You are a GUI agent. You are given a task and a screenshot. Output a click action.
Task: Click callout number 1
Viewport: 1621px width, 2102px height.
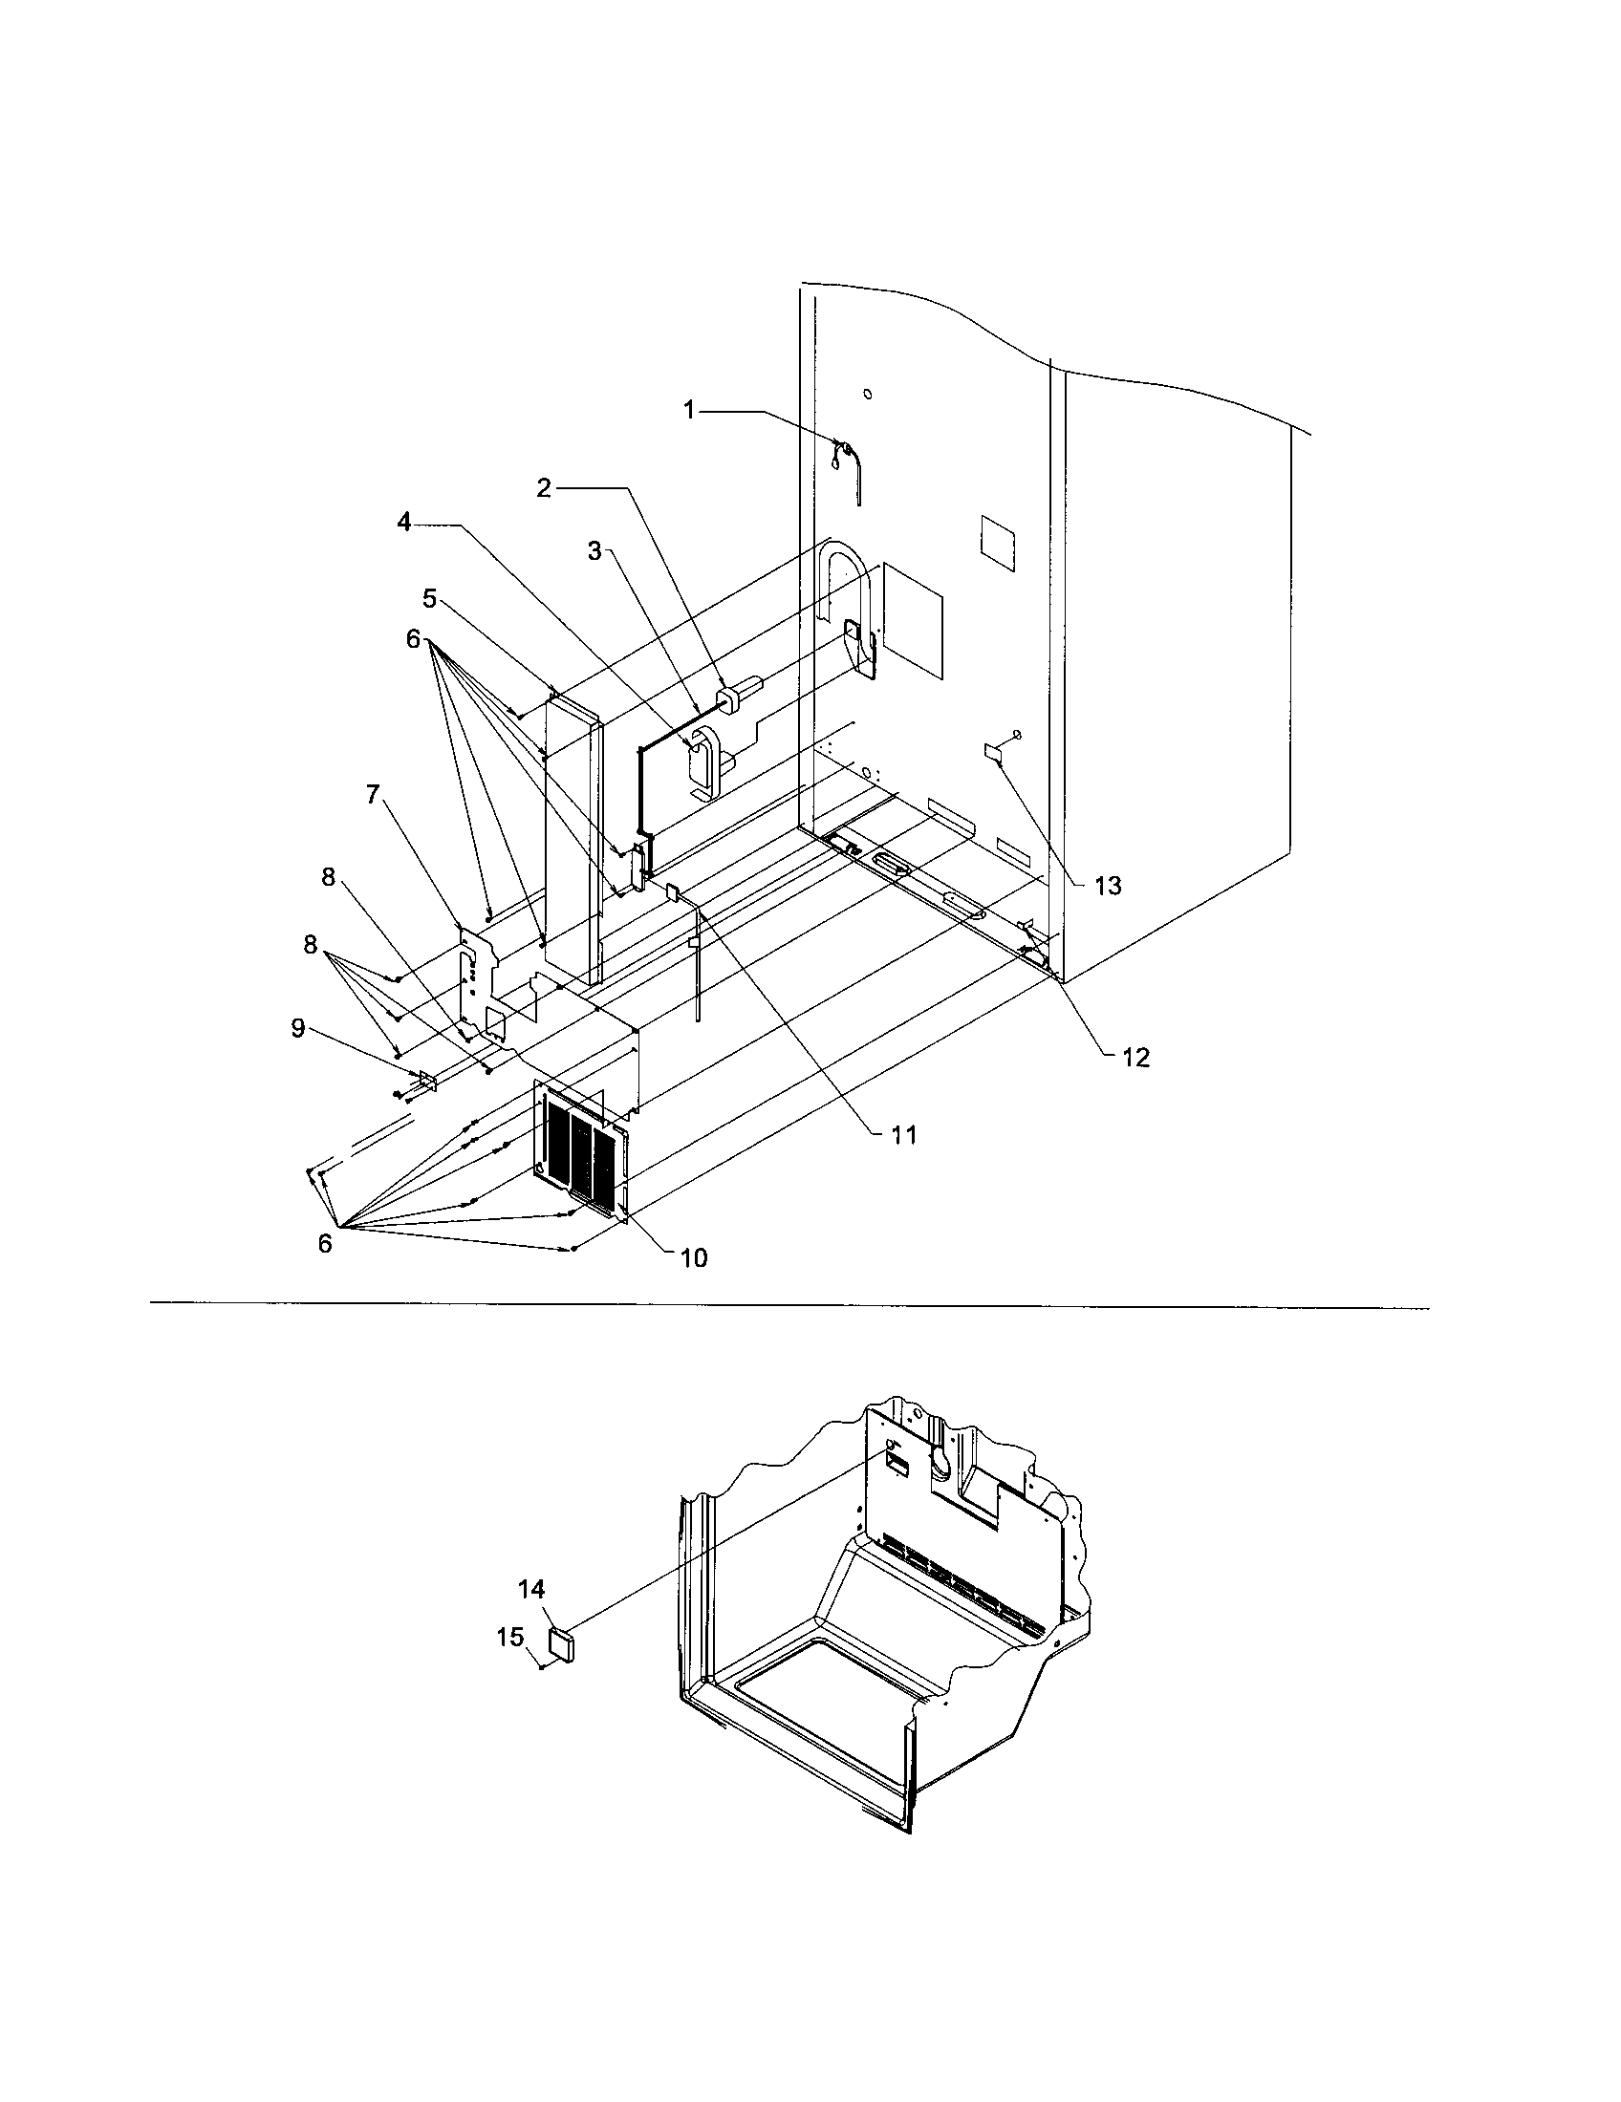click(689, 410)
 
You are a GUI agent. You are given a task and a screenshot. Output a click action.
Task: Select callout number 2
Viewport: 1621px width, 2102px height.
click(544, 488)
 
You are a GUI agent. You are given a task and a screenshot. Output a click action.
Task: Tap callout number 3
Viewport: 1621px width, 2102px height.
click(594, 550)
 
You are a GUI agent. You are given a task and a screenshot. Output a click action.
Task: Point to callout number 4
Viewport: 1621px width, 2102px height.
click(404, 522)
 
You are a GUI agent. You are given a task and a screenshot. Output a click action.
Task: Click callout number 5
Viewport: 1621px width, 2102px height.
click(429, 599)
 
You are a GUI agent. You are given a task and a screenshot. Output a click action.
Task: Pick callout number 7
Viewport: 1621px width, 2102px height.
click(373, 794)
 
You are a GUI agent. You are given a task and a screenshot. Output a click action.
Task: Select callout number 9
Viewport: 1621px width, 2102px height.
click(298, 1029)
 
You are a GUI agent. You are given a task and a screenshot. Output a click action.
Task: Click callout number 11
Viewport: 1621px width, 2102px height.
click(903, 1136)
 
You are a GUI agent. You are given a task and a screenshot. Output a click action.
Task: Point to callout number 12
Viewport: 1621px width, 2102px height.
click(1135, 1058)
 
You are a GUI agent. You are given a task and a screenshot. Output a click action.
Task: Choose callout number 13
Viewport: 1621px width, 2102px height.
click(1108, 886)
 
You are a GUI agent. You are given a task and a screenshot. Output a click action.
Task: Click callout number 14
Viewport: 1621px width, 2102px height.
click(531, 1589)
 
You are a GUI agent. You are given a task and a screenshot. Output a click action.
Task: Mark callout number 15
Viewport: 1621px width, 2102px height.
click(510, 1636)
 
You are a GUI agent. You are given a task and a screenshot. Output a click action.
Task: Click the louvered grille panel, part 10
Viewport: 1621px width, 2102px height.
click(579, 1169)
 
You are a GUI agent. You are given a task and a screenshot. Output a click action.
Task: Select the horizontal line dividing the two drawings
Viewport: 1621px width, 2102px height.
click(789, 1306)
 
